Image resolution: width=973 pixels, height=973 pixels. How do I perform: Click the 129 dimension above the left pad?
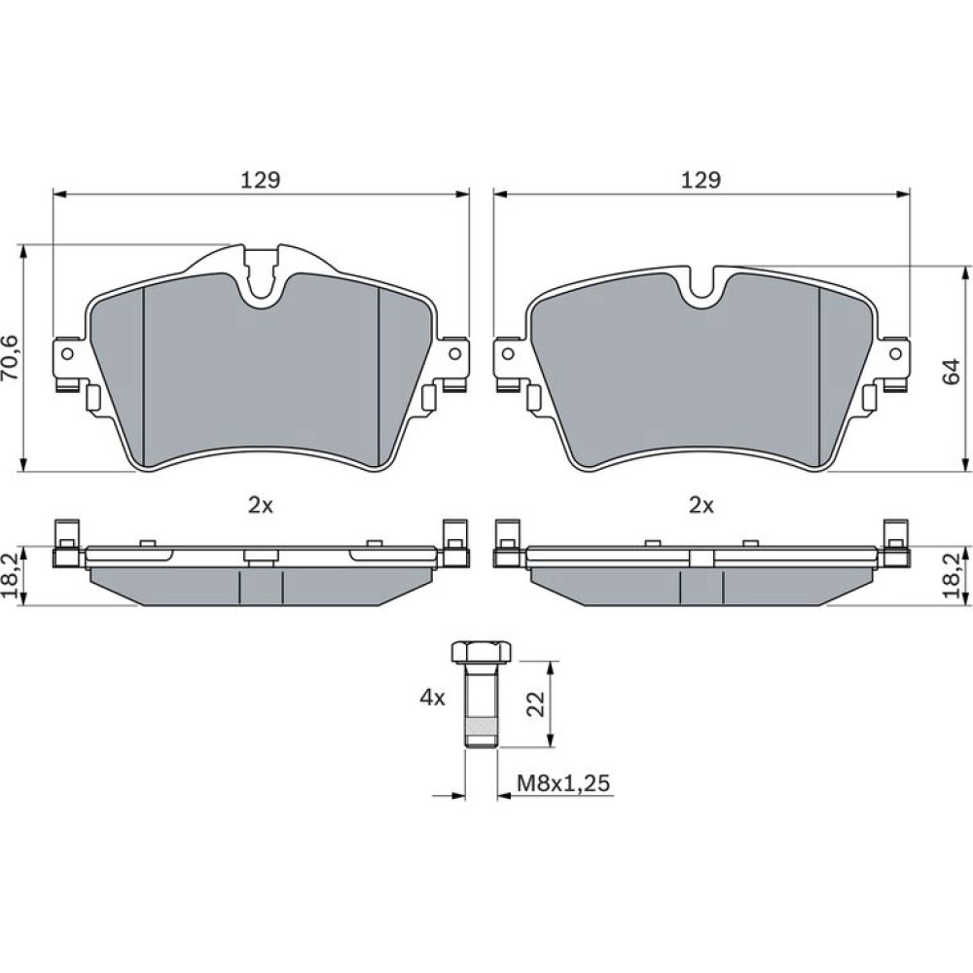pos(261,179)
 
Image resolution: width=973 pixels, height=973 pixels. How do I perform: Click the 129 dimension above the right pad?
pos(702,179)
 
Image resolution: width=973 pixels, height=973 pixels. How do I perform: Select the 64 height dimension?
pos(952,371)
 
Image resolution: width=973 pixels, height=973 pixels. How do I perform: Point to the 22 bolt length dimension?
pos(535,703)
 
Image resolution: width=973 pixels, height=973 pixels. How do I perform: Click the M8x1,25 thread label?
pos(563,783)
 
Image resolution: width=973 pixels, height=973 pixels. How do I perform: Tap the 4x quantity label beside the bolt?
pos(433,698)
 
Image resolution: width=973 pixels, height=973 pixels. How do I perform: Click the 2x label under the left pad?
pos(261,506)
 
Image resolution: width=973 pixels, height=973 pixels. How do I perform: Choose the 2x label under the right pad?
pos(702,506)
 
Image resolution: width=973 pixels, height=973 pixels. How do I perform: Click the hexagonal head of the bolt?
pos(481,653)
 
